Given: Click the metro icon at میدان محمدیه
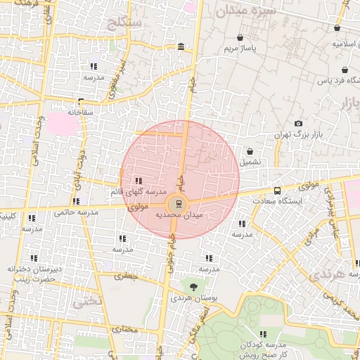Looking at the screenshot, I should coord(179,203).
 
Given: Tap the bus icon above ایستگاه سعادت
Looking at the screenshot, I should coord(276,190).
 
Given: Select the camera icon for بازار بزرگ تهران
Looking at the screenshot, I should coord(298,123).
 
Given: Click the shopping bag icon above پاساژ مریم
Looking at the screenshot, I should coord(241,38).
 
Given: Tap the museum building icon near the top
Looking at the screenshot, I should coord(181,47).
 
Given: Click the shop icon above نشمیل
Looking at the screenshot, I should coord(250,150).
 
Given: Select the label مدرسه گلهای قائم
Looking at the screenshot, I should coord(138,192).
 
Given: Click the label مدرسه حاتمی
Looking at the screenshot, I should coord(73,212).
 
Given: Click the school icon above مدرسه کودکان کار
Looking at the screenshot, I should coord(263,334).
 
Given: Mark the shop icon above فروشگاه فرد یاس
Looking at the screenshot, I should coord(344,70).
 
